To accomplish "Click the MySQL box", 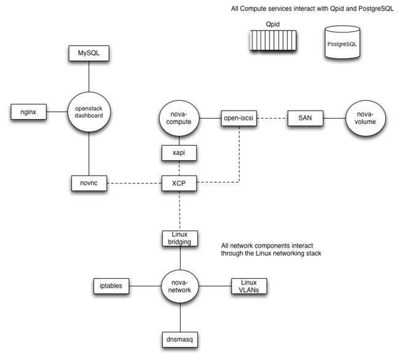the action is coord(89,53).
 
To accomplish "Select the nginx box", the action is coord(28,112).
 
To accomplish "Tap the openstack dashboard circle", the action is coord(89,112).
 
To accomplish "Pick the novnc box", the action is coord(89,183).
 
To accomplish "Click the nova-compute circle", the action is coord(179,118).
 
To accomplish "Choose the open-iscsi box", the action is coord(239,118).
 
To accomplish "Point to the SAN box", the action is coord(305,118).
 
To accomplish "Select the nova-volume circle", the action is coord(365,118).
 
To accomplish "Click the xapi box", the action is coord(179,153).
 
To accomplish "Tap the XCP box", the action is coord(179,183).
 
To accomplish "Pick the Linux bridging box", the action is coord(180,238).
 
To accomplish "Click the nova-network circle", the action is coord(180,286).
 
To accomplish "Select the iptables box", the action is coord(111,286).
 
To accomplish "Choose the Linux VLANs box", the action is coord(249,286).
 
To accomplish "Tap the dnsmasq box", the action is coord(180,340).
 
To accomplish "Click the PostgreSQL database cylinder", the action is coord(343,42).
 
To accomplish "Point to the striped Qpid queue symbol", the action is coord(273,40).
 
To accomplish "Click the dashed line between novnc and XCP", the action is coord(134,183).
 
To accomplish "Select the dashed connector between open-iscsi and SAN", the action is coord(272,118).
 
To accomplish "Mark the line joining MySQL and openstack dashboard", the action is coord(89,76).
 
